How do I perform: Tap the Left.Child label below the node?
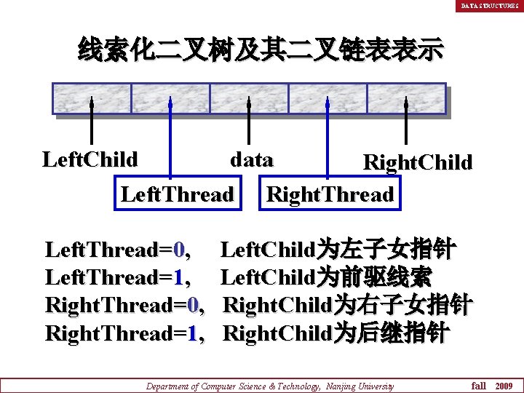90,159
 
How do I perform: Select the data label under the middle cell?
251,159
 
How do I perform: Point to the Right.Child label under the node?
417,162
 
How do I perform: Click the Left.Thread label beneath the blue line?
177,194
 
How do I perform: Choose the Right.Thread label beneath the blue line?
330,194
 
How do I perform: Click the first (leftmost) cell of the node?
92,98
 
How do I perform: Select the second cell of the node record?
170,98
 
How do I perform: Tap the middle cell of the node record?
249,98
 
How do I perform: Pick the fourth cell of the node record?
327,98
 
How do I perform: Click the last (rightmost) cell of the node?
405,98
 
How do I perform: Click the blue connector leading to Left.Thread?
170,138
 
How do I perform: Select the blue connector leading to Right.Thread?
327,138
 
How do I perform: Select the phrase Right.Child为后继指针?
336,333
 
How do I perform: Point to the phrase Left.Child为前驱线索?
327,277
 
